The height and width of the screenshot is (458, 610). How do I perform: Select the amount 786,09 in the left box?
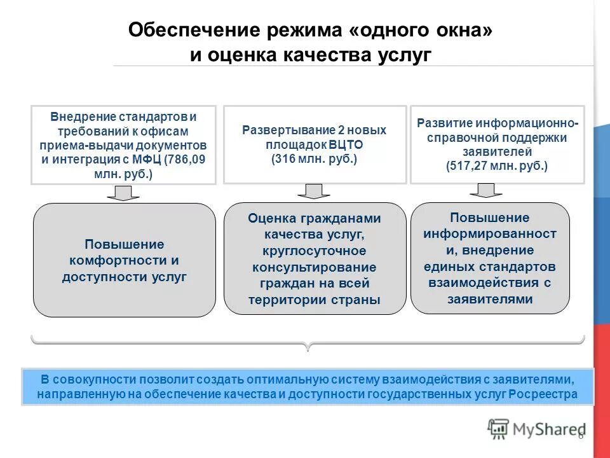tap(186, 159)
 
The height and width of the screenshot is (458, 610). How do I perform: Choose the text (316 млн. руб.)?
tap(315, 158)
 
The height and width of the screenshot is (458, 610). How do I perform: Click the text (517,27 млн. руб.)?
tap(497, 165)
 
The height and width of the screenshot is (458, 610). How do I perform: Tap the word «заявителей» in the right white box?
tap(498, 152)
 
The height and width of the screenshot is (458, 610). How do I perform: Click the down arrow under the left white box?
tap(123, 193)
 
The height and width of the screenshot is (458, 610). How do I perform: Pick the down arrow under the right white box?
tap(486, 190)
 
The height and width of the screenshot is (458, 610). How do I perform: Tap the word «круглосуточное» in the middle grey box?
tap(315, 251)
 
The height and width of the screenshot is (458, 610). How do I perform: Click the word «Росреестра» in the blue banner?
tap(546, 394)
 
